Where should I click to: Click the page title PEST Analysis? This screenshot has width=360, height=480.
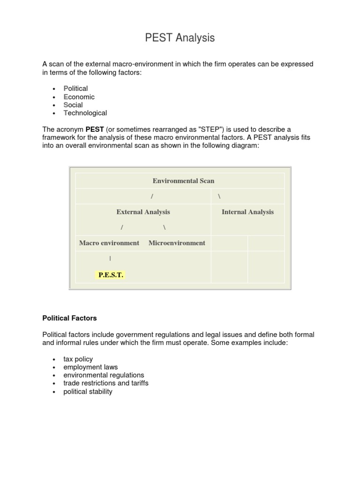(x=180, y=38)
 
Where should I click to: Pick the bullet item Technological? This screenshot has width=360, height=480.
(x=85, y=113)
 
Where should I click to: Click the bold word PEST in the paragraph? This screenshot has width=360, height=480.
(x=94, y=129)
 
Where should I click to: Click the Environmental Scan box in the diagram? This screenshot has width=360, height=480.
(x=183, y=180)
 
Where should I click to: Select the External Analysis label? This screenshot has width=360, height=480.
(x=143, y=212)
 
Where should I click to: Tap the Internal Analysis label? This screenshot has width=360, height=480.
(x=247, y=212)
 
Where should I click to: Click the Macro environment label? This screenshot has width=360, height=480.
(x=109, y=243)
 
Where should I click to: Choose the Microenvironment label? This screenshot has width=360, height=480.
(x=177, y=243)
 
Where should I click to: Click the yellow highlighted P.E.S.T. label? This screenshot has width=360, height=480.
(x=111, y=275)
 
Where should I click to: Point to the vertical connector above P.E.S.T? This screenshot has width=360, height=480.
(x=110, y=258)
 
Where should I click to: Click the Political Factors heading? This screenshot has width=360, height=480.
(x=69, y=318)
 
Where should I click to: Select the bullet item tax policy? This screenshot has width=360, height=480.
(x=78, y=359)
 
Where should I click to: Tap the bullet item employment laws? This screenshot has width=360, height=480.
(x=90, y=367)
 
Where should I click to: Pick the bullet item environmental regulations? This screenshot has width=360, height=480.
(x=104, y=375)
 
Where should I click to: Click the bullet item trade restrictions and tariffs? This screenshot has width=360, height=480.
(x=105, y=383)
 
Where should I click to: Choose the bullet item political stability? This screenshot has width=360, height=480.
(x=88, y=391)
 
